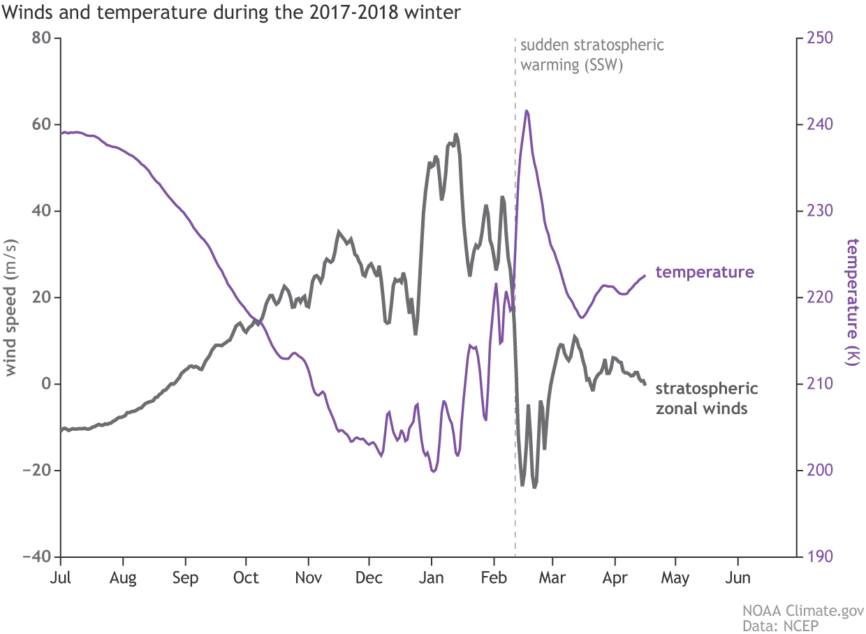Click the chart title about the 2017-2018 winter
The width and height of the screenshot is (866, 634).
pyautogui.click(x=231, y=13)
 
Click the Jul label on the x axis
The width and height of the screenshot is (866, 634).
pyautogui.click(x=61, y=578)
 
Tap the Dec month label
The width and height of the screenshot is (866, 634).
pyautogui.click(x=369, y=578)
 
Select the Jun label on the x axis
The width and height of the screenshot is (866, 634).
pyautogui.click(x=738, y=578)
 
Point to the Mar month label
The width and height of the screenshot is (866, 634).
pyautogui.click(x=553, y=578)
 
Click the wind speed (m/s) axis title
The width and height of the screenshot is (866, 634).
pyautogui.click(x=12, y=297)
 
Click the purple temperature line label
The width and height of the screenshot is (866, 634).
pyautogui.click(x=705, y=272)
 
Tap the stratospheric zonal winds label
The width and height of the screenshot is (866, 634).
pyautogui.click(x=707, y=398)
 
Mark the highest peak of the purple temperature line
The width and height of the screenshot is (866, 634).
pyautogui.click(x=526, y=110)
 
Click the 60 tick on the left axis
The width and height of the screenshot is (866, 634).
pyautogui.click(x=43, y=124)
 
